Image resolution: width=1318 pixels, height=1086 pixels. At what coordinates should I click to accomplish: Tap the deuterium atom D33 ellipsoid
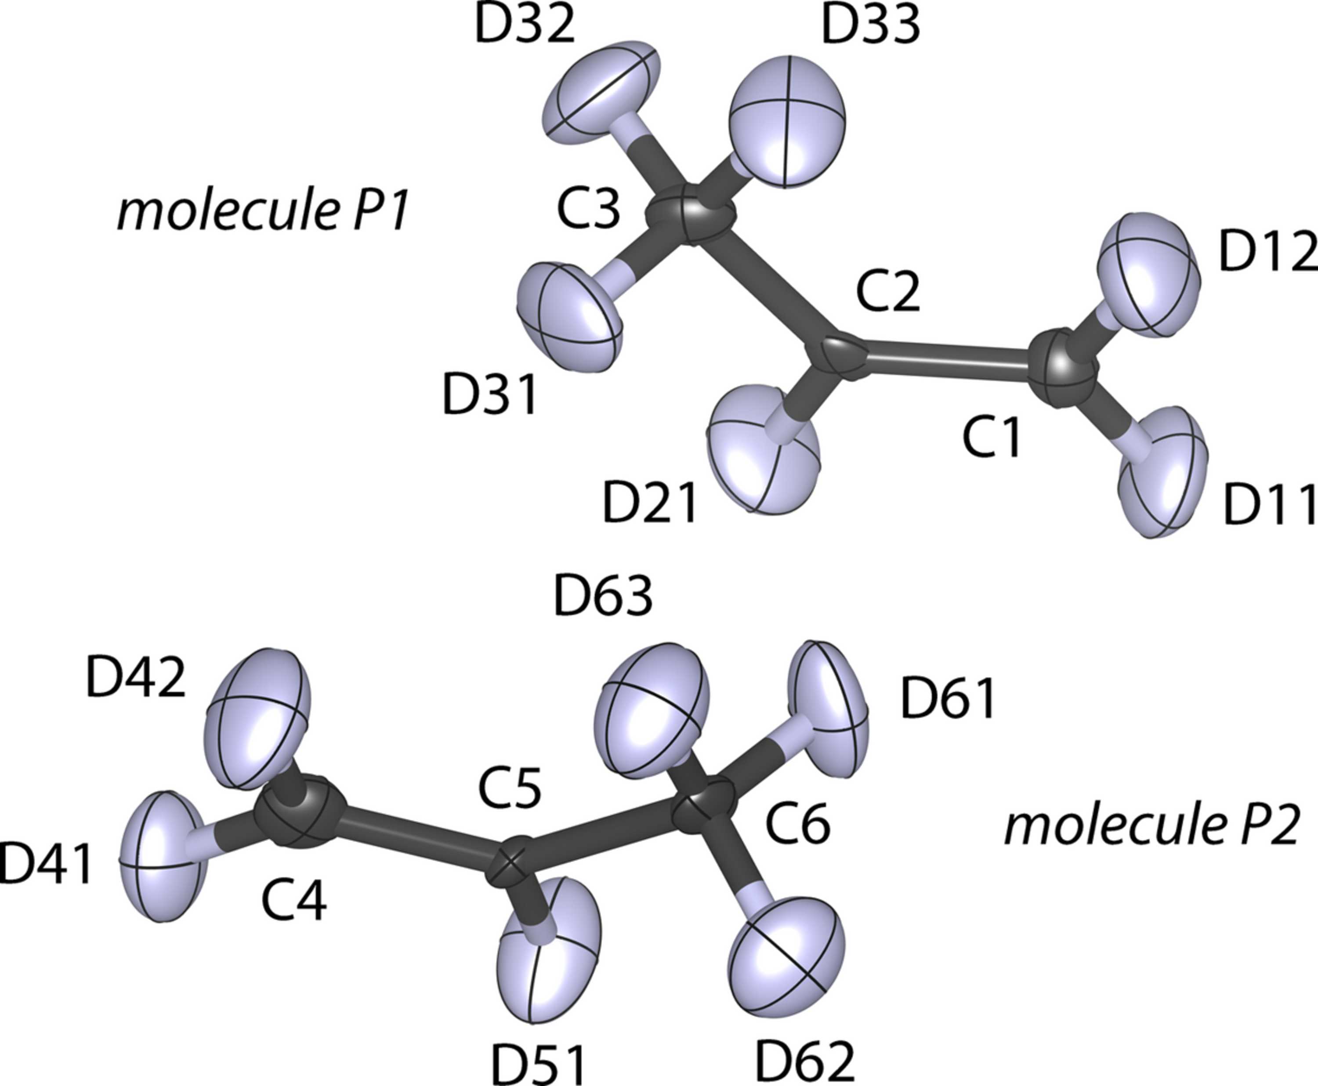tap(787, 121)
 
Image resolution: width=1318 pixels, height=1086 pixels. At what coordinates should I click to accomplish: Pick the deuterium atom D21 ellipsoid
tap(763, 448)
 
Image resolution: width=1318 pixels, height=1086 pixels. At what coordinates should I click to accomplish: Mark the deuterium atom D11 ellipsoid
tap(1162, 472)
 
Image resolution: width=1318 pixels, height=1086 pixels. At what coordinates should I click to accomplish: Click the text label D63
tap(603, 596)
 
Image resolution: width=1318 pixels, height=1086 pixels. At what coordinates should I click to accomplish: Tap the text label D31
tap(490, 395)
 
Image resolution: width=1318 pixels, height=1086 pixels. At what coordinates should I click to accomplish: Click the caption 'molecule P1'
tap(263, 211)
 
